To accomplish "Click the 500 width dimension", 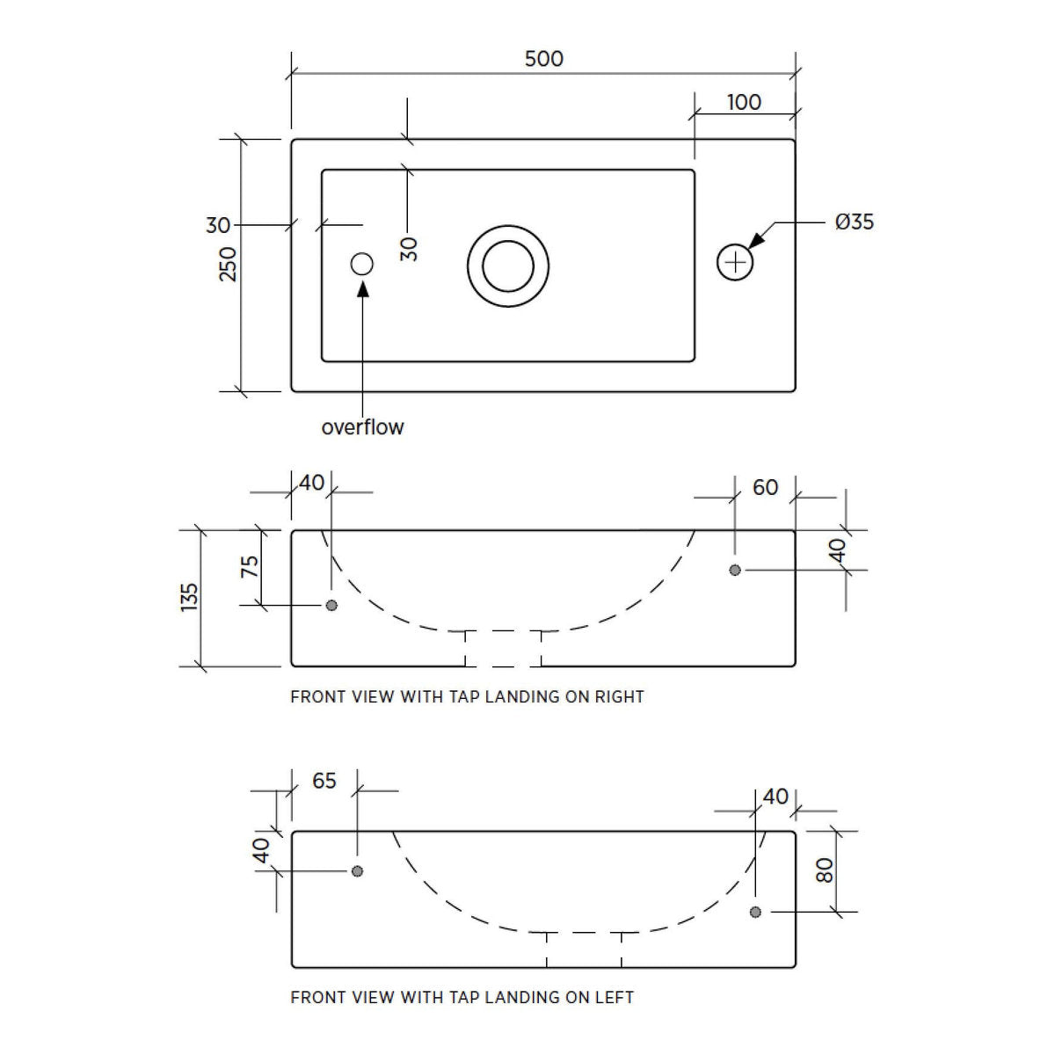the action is pyautogui.click(x=543, y=59).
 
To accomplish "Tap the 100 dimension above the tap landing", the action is pyautogui.click(x=744, y=102).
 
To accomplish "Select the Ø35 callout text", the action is pyautogui.click(x=854, y=222).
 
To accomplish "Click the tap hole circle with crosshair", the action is pyautogui.click(x=735, y=263).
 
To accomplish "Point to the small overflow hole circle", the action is pyautogui.click(x=361, y=264).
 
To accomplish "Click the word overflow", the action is pyautogui.click(x=362, y=427).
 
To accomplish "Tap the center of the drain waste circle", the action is pyautogui.click(x=508, y=266).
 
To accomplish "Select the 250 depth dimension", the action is pyautogui.click(x=228, y=265).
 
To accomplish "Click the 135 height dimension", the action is pyautogui.click(x=189, y=597).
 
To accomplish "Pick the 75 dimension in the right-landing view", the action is pyautogui.click(x=249, y=567).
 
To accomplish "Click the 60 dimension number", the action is pyautogui.click(x=765, y=487).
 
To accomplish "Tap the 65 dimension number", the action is pyautogui.click(x=324, y=781).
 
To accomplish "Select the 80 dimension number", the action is pyautogui.click(x=825, y=870).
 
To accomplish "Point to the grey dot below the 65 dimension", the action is pyautogui.click(x=357, y=871).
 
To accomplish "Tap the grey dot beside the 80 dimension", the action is pyautogui.click(x=755, y=912).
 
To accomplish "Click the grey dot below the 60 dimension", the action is pyautogui.click(x=735, y=570).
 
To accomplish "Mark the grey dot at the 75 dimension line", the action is pyautogui.click(x=331, y=605).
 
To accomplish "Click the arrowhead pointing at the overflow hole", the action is pyautogui.click(x=362, y=288).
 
